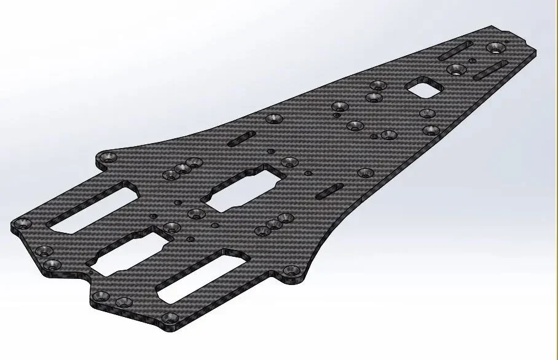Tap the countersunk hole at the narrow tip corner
tap(495, 47)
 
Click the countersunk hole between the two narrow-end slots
tap(456, 69)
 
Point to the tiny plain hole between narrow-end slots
tap(472, 61)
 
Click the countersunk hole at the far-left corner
tap(23, 223)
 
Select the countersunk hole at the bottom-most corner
tap(170, 318)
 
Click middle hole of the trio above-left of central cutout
tap(183, 168)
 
